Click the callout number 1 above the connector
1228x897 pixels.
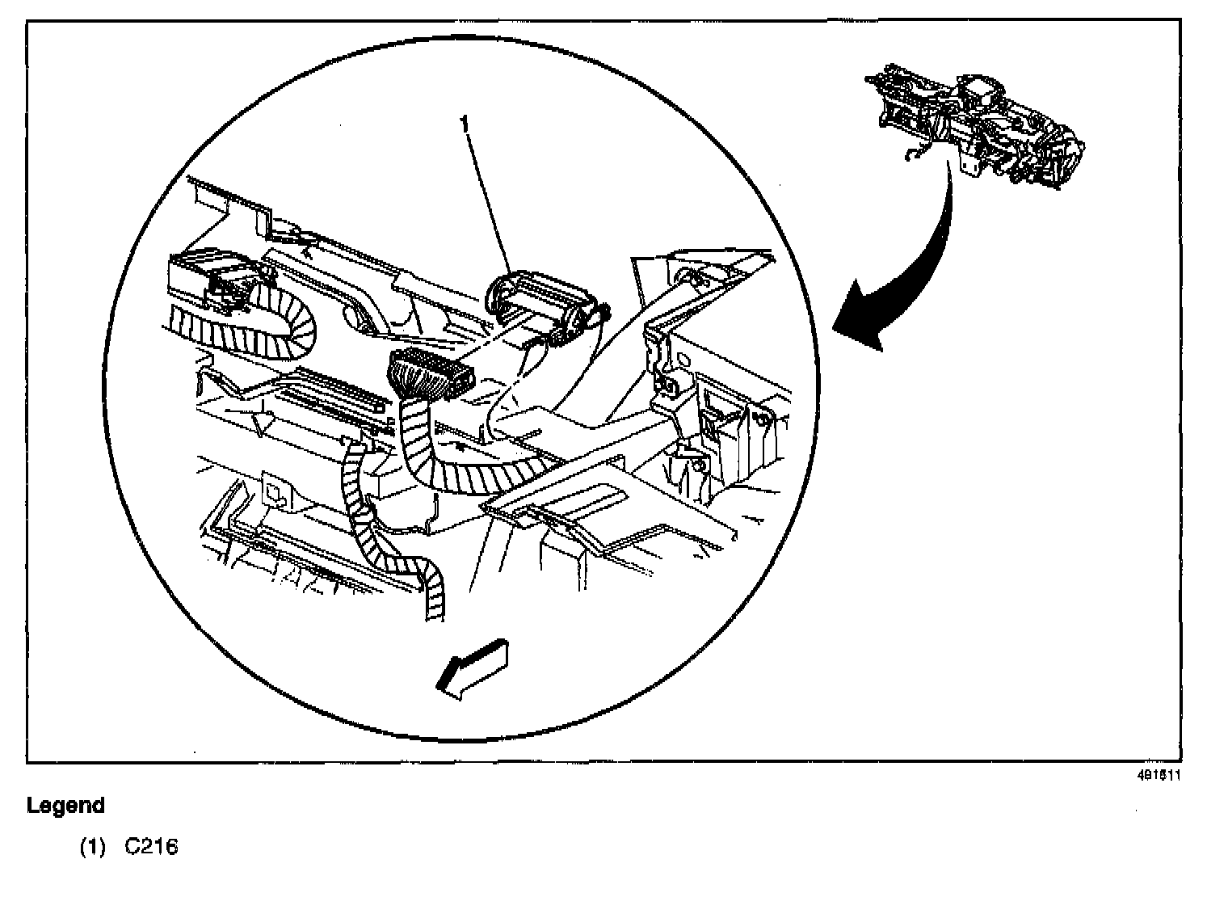coord(464,124)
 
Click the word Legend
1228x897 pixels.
coord(65,806)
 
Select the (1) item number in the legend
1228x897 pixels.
coord(92,847)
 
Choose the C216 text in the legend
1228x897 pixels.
coord(151,847)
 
